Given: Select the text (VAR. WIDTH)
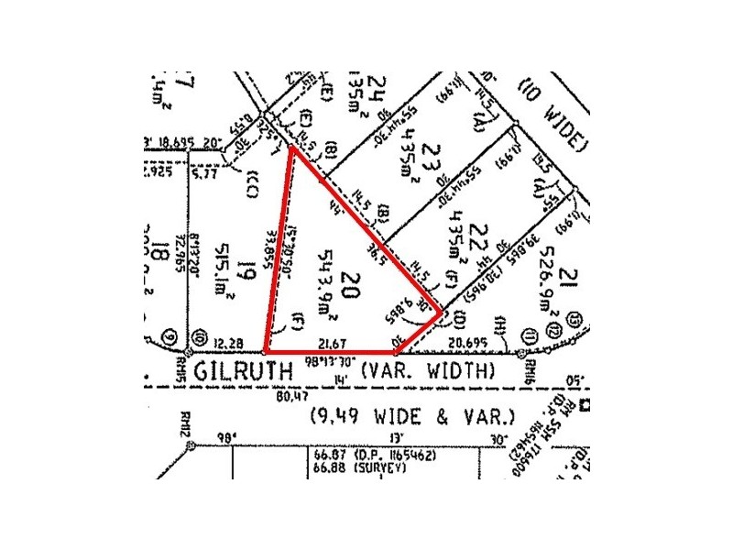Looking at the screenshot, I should click(427, 371).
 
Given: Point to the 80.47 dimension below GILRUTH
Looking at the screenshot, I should click(288, 397).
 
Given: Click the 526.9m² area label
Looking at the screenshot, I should click(539, 267).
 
